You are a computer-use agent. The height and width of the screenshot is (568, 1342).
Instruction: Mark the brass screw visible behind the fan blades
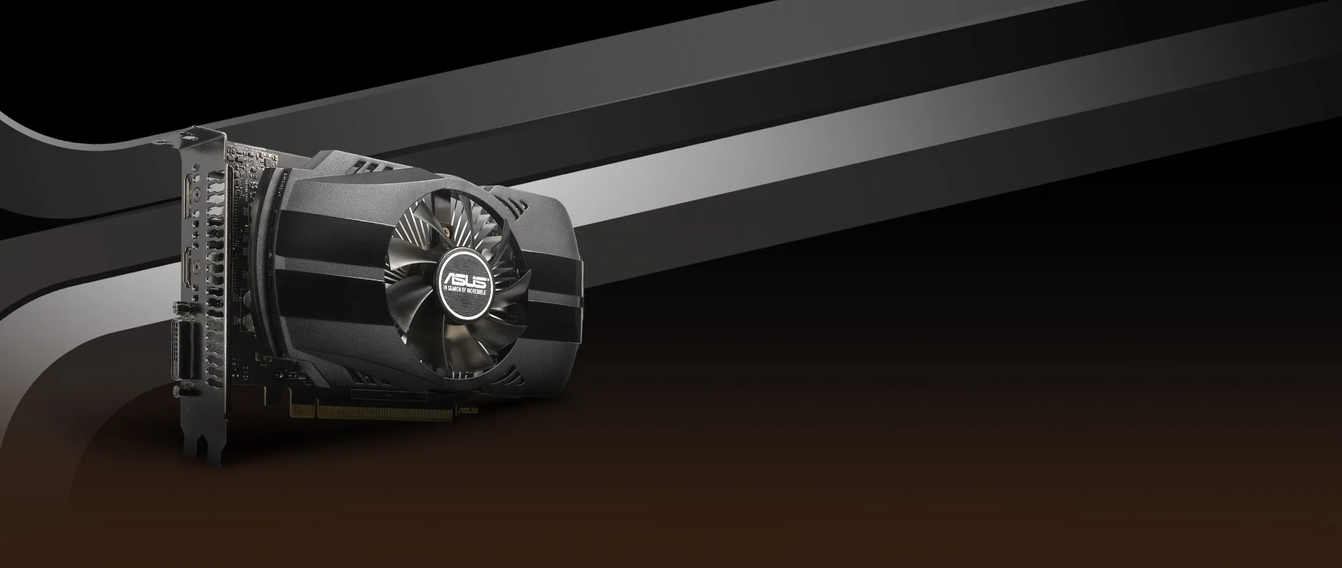pyautogui.click(x=447, y=229)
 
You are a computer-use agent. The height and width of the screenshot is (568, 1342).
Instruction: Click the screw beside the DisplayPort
pyautogui.click(x=196, y=195)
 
